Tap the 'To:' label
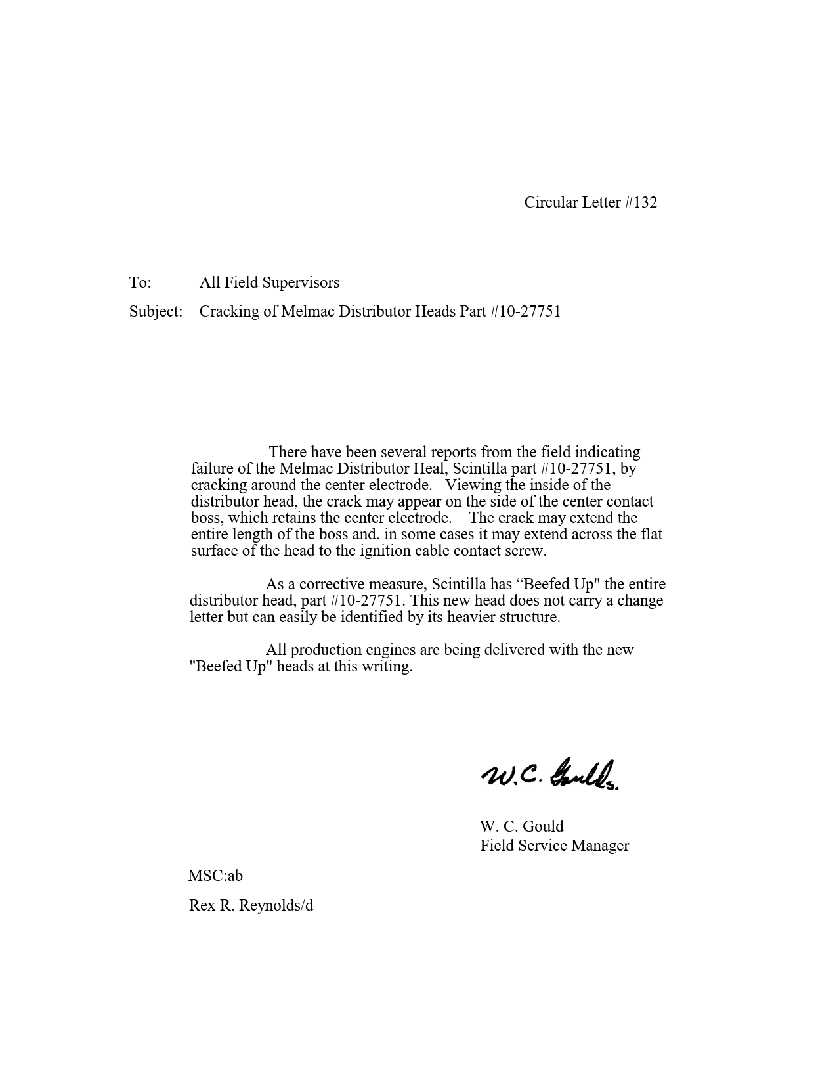tap(140, 282)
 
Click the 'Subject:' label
tap(156, 311)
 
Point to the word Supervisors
tap(301, 282)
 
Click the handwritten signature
tap(550, 775)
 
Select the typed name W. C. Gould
tap(521, 826)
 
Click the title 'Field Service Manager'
tap(554, 846)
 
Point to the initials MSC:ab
tap(215, 876)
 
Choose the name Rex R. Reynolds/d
tap(251, 905)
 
